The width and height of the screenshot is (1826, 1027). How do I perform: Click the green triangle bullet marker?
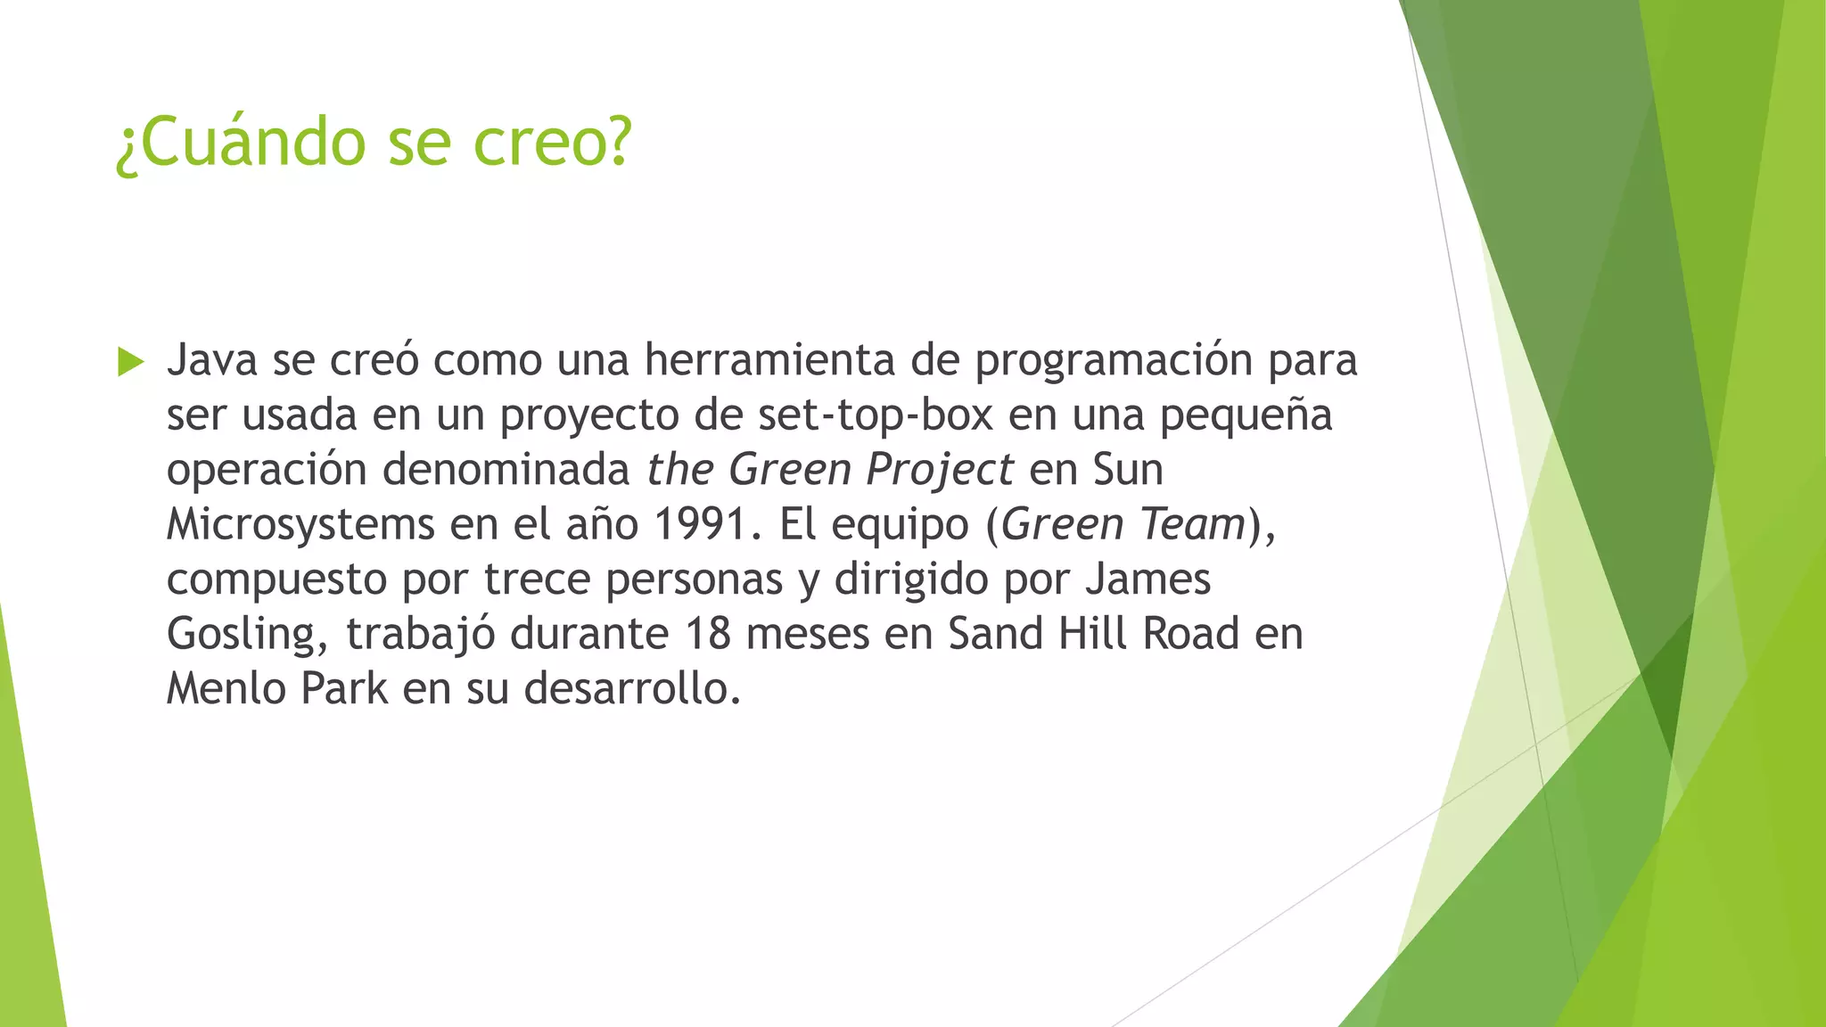pyautogui.click(x=130, y=362)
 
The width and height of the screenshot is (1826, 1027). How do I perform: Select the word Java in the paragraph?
pyautogui.click(x=212, y=360)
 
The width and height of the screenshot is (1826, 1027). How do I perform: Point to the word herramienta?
pyautogui.click(x=769, y=360)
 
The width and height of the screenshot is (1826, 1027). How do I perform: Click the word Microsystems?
pyautogui.click(x=300, y=525)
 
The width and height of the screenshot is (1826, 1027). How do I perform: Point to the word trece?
pyautogui.click(x=538, y=579)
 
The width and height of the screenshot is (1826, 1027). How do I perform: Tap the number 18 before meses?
pyautogui.click(x=708, y=634)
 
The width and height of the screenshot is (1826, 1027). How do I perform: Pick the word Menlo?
pyautogui.click(x=226, y=689)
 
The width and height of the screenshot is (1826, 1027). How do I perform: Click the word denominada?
pyautogui.click(x=506, y=470)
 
